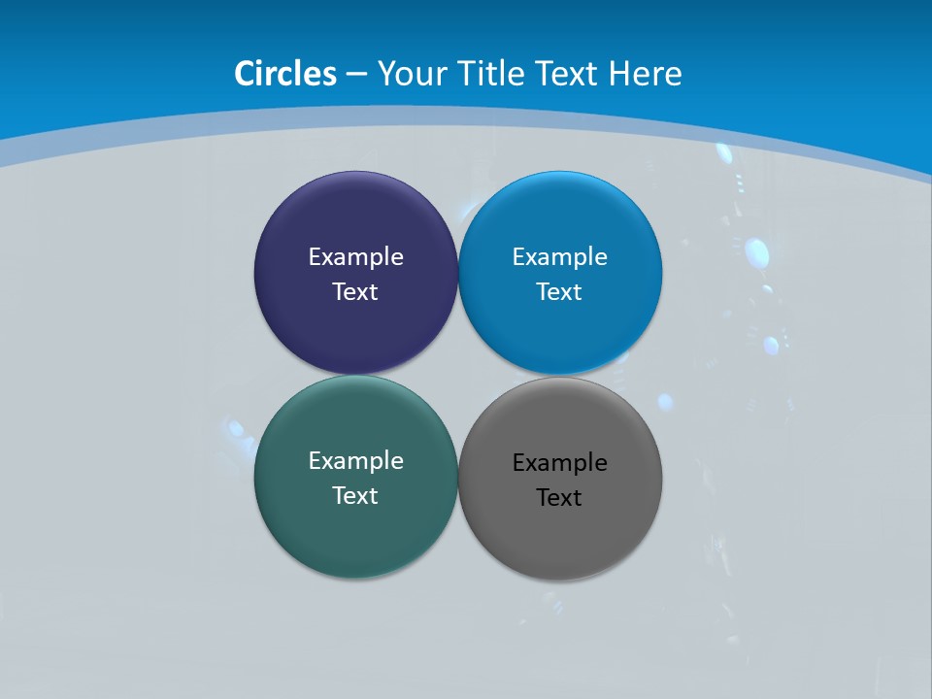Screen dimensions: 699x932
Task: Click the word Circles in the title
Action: (285, 74)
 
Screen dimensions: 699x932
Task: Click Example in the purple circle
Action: (355, 257)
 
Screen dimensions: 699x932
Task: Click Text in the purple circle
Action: (355, 292)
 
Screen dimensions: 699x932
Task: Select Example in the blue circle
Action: (560, 257)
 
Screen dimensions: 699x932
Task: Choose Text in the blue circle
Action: (560, 292)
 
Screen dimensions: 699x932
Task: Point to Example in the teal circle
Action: (355, 461)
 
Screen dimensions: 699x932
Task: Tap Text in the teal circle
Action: (355, 496)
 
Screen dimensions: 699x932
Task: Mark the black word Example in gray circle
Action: (560, 463)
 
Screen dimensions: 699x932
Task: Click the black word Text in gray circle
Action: (559, 498)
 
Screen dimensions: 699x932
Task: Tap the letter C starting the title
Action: (245, 74)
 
